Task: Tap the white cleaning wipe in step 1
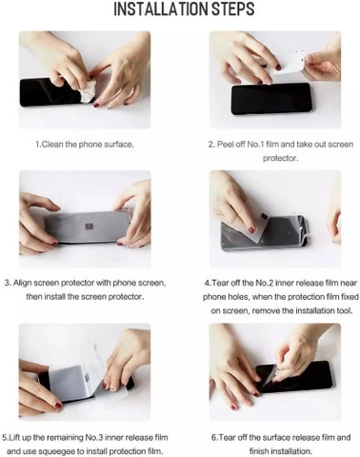(x=87, y=90)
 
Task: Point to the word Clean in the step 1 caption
(x=52, y=145)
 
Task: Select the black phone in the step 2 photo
(x=270, y=98)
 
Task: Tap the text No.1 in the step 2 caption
(x=255, y=145)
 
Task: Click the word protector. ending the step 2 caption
(x=280, y=158)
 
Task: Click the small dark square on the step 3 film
(x=89, y=227)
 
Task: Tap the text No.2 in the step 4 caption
(x=265, y=283)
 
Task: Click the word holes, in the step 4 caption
(x=238, y=297)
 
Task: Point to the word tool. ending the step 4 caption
(x=345, y=310)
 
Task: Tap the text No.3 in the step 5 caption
(x=94, y=437)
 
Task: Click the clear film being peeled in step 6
(x=270, y=373)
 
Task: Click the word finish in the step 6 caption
(x=258, y=451)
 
